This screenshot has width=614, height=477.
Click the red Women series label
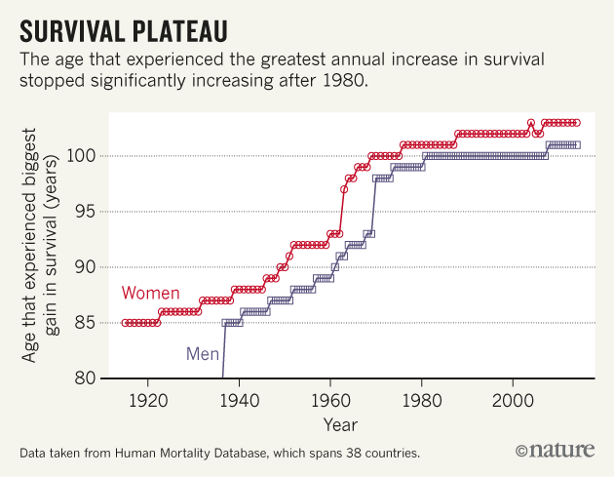pyautogui.click(x=150, y=294)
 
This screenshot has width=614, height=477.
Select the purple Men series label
pyautogui.click(x=203, y=352)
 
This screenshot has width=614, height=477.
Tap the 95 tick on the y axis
pyautogui.click(x=85, y=212)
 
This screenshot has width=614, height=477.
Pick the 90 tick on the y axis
pyautogui.click(x=85, y=267)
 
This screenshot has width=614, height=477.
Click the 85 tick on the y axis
pyautogui.click(x=85, y=323)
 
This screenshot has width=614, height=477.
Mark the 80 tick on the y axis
pyautogui.click(x=85, y=378)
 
